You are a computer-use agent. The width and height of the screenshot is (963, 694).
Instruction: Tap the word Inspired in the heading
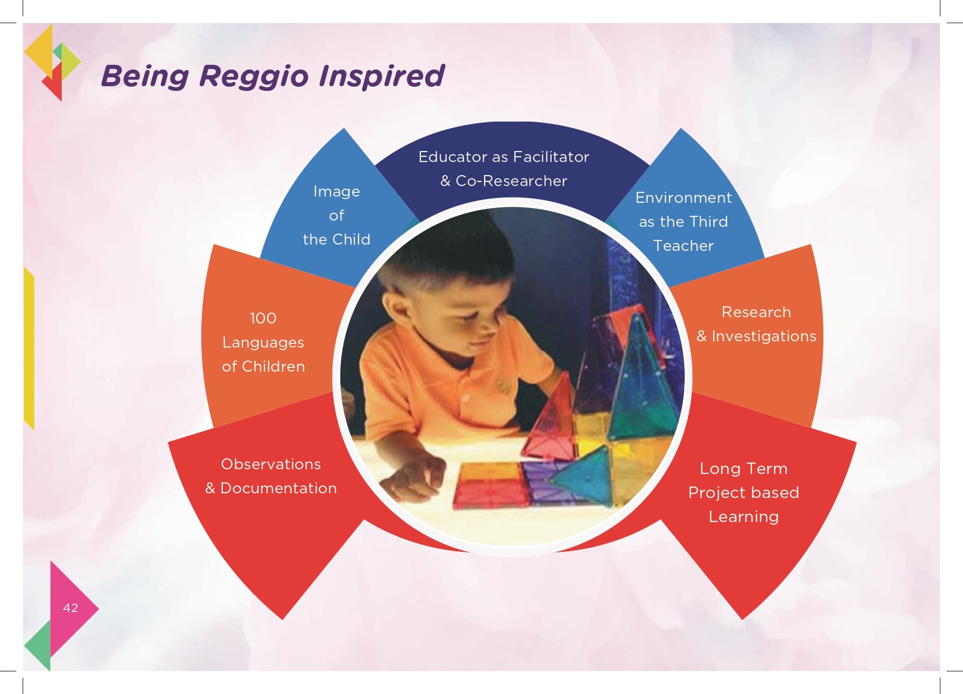pos(382,76)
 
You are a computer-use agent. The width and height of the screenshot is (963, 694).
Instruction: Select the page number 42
pos(71,608)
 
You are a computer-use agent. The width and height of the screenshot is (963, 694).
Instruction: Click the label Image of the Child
pos(337,215)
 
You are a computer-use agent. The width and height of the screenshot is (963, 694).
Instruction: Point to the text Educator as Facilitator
pos(503,157)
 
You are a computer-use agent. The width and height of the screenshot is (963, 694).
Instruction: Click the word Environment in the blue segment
pos(683,198)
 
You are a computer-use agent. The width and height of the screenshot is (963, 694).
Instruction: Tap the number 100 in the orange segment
pos(263,318)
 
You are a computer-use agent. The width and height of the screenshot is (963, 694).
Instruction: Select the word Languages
pos(263,343)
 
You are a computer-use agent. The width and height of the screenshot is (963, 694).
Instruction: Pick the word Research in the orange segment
pos(756,312)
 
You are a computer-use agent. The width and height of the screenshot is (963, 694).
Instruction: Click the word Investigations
pos(764,336)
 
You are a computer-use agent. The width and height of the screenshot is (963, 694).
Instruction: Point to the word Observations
pos(271,464)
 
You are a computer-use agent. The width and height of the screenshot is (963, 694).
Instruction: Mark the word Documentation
pos(279,488)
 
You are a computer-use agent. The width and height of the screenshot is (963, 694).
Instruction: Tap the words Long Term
pos(743,469)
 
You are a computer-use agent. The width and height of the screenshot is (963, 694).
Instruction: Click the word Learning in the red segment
pos(743,517)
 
